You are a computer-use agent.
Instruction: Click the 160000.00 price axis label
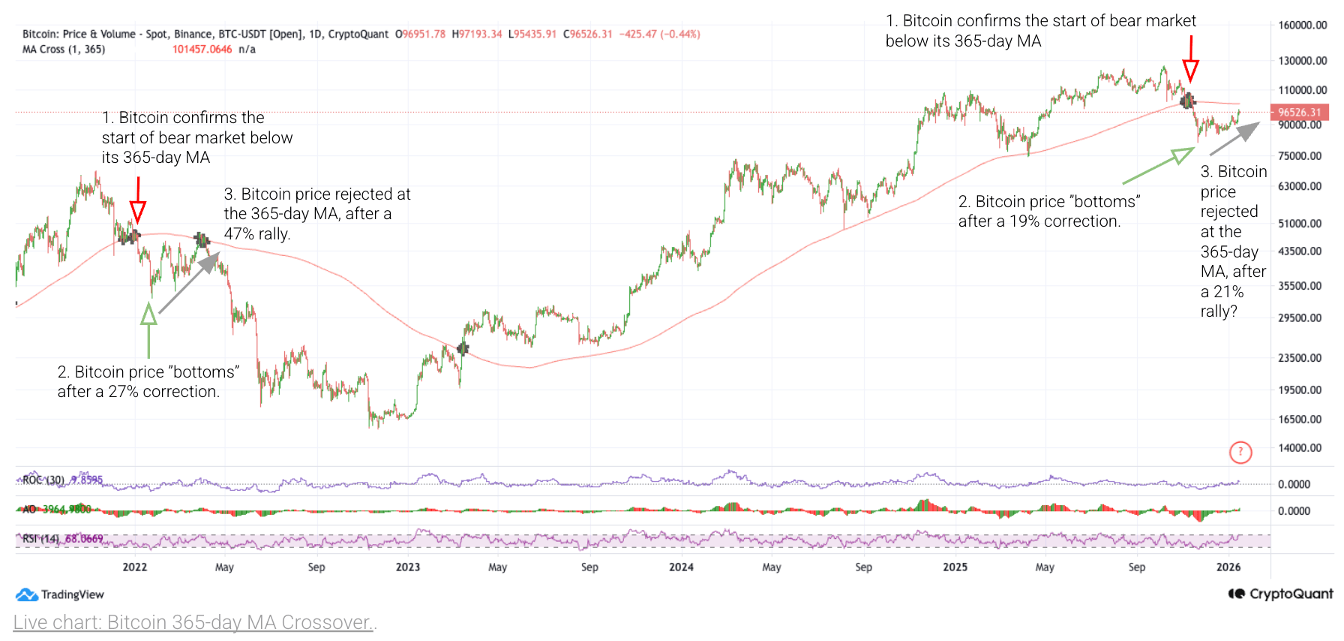tap(1302, 25)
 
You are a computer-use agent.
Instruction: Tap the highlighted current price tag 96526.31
tap(1299, 113)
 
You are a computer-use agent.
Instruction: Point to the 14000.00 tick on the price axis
tap(1300, 448)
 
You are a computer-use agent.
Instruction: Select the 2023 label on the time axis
tap(408, 567)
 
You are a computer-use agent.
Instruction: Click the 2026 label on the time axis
tap(1228, 567)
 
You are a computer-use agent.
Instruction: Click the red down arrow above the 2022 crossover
tap(137, 201)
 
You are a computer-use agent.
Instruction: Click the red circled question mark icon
tap(1240, 452)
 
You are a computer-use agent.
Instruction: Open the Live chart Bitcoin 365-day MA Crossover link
tap(194, 622)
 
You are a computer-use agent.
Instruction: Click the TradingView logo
tap(60, 594)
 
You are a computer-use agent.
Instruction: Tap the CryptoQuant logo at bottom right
tap(1280, 594)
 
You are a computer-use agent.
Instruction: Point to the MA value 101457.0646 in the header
tap(202, 50)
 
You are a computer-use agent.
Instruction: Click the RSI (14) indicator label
tap(40, 539)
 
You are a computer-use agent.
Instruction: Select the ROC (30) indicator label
tap(43, 480)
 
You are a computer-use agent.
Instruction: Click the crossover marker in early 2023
tap(463, 348)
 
